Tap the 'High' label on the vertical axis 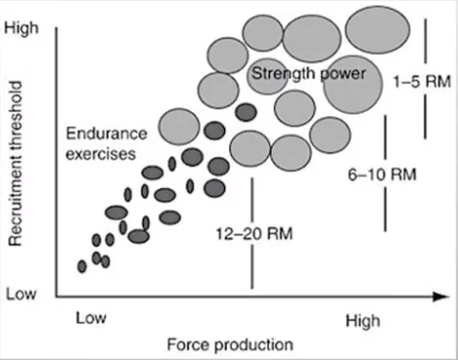pos(23,29)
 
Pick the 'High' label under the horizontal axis pos(367,319)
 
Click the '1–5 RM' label pos(418,81)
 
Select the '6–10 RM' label pos(383,175)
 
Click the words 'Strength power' pos(307,73)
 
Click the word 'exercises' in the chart pos(99,153)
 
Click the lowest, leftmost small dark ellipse pos(82,266)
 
